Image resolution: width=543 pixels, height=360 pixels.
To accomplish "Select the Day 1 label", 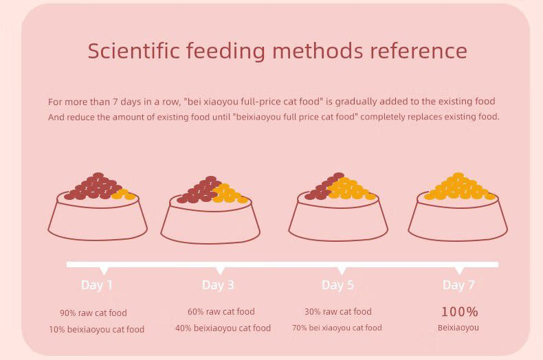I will (97, 284).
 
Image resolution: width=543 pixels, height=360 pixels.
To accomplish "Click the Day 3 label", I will (218, 284).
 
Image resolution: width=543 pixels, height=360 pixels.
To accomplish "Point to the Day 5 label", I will (337, 284).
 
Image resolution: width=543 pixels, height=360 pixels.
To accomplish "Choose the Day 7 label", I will (458, 284).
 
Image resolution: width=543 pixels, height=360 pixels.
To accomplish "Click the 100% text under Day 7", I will (459, 311).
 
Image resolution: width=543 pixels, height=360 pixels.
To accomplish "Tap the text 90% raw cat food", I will (93, 313).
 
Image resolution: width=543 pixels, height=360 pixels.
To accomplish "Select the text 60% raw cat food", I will (221, 311).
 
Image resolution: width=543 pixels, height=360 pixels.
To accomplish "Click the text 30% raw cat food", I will (337, 311).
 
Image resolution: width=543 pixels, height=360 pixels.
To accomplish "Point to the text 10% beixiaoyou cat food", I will (96, 329).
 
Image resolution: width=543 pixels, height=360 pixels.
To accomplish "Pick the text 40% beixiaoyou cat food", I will (223, 328).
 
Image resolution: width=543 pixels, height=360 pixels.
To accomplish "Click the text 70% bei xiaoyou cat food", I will (337, 328).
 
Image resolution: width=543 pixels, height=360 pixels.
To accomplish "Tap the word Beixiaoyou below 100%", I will (458, 328).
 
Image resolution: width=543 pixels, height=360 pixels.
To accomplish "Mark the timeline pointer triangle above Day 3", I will (220, 271).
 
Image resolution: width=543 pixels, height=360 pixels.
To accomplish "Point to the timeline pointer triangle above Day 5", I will (342, 271).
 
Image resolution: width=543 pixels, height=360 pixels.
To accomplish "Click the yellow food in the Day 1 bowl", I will (124, 196).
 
